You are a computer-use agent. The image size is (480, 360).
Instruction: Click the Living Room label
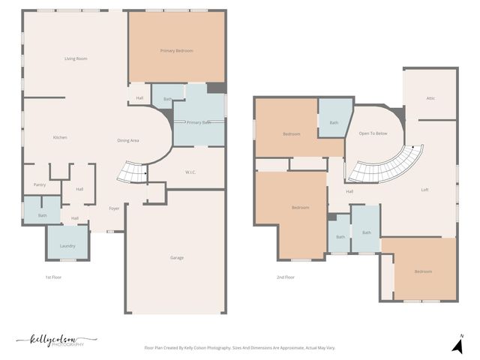[76, 58]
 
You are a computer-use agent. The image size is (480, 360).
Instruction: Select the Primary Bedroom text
[176, 50]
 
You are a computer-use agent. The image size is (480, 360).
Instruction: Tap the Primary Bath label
[199, 122]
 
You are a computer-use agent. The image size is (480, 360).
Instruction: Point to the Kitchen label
[60, 137]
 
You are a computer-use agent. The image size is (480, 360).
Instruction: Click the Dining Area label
[128, 140]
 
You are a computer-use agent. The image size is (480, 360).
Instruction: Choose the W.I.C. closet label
[190, 172]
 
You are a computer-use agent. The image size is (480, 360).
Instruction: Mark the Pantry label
[40, 185]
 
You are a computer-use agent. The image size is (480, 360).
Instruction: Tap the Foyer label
[114, 208]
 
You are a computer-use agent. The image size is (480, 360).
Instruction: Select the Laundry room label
[67, 245]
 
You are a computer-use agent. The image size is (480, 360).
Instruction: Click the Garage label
[176, 257]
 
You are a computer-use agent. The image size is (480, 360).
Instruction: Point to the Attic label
[430, 98]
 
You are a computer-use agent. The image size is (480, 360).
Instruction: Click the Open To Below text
[373, 133]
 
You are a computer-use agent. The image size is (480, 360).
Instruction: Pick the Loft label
[424, 190]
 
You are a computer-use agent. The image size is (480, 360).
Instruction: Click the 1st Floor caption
[52, 277]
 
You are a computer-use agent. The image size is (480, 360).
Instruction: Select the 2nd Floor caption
[285, 277]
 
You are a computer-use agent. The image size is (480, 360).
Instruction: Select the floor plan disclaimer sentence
[240, 348]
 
